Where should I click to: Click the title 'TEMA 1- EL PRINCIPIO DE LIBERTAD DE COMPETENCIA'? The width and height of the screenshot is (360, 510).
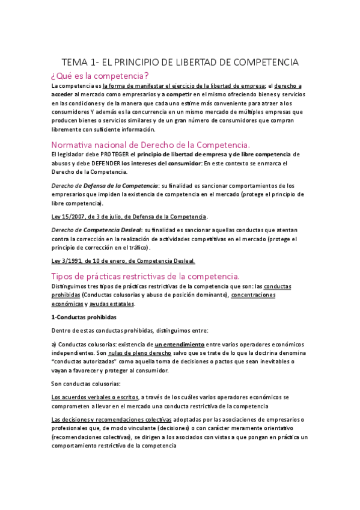tap(180, 63)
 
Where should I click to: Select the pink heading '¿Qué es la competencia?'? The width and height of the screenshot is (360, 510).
tap(100, 76)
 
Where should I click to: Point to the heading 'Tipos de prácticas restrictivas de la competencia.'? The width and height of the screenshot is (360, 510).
tap(145, 276)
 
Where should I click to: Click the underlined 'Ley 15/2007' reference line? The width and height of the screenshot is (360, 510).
tap(129, 216)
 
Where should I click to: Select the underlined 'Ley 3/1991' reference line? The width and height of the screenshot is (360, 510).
tap(123, 260)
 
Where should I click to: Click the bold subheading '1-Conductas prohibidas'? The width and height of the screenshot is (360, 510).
tap(84, 316)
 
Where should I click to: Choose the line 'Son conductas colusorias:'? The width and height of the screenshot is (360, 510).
tap(87, 384)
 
